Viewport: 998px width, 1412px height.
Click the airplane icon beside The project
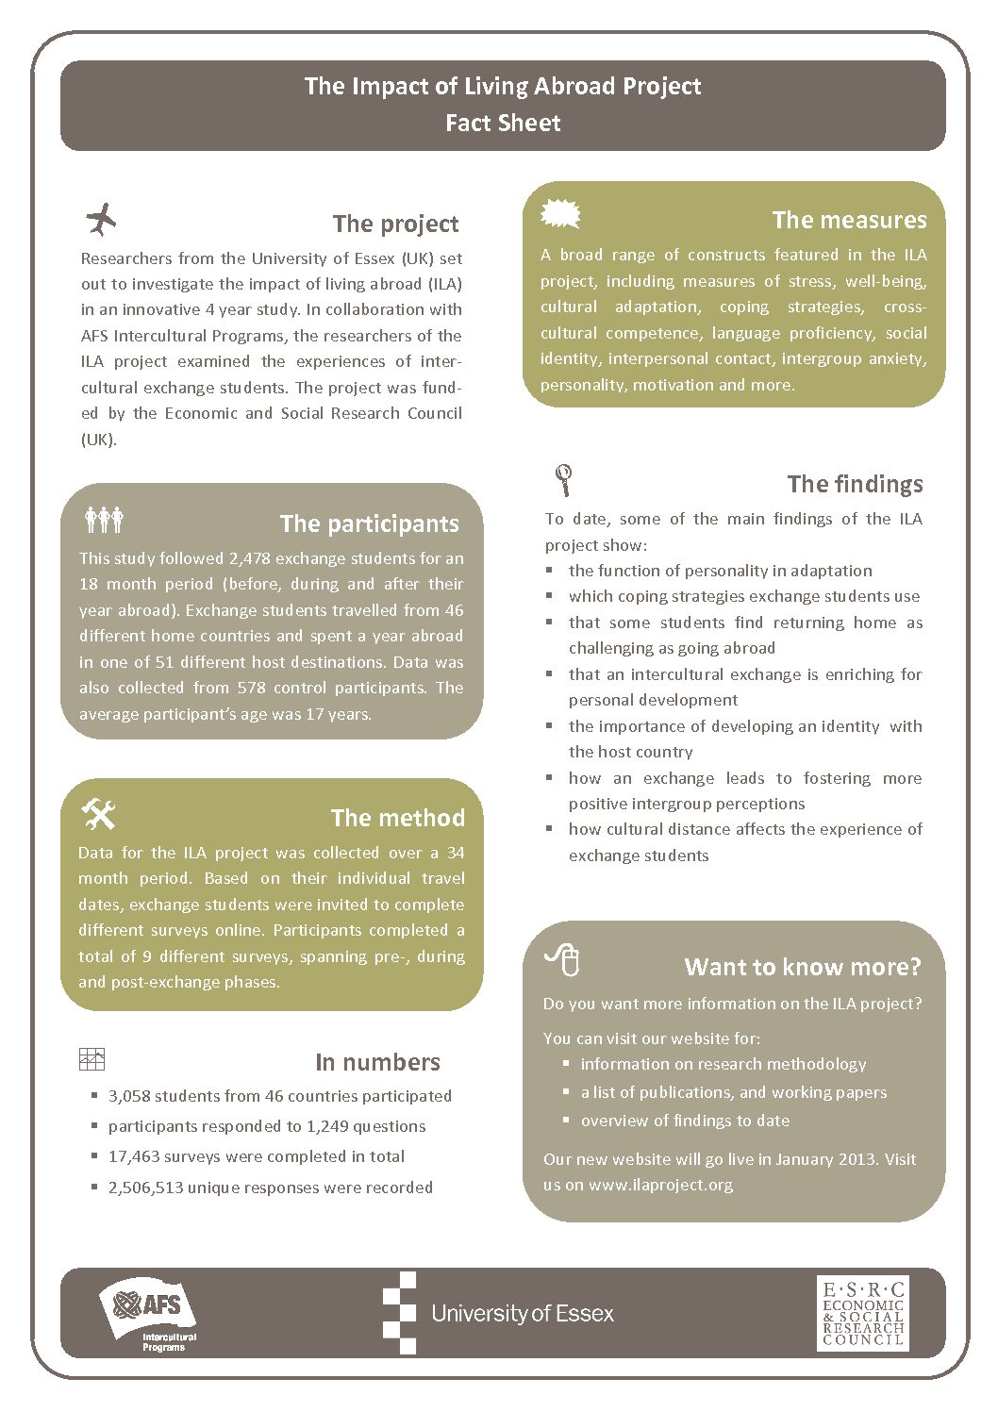(x=101, y=220)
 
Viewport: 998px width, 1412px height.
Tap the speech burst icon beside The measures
(x=560, y=214)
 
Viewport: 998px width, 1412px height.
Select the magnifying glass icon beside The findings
(x=564, y=480)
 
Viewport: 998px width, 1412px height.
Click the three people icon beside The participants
(x=104, y=519)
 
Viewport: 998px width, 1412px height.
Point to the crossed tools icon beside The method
(x=99, y=813)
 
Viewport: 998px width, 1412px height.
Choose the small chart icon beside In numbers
(x=92, y=1059)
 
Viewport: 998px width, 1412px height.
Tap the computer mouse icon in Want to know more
(x=563, y=960)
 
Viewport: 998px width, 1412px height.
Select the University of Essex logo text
(x=522, y=1313)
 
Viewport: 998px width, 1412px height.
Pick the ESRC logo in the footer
(x=862, y=1313)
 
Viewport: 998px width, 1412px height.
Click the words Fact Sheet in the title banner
(x=503, y=123)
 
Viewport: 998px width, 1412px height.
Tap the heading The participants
(x=369, y=523)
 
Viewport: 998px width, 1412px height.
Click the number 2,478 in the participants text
(x=250, y=558)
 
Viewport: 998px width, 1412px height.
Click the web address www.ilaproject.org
(x=660, y=1185)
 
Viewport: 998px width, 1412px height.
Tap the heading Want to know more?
(x=802, y=967)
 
